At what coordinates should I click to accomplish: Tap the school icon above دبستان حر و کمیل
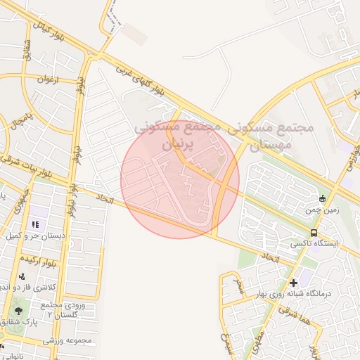[34, 225]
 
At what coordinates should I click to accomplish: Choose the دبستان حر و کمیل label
[35, 237]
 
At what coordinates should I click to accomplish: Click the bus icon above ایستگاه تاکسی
[313, 233]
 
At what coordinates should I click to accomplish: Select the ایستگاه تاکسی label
[314, 244]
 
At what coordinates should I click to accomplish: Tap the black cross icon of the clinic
[293, 282]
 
